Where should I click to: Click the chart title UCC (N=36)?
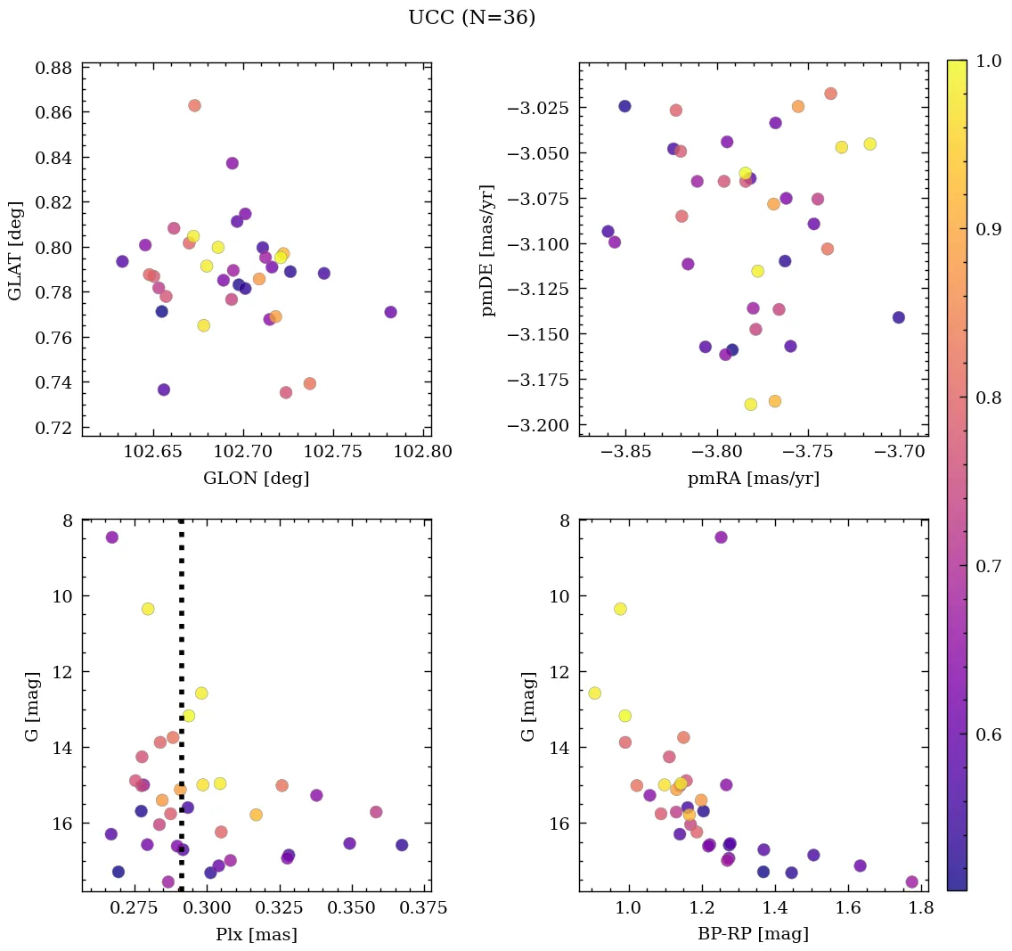click(471, 18)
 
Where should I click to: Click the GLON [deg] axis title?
click(257, 479)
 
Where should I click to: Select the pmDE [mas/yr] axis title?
click(488, 250)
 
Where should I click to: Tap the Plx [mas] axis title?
click(257, 935)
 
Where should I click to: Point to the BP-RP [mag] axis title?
click(754, 935)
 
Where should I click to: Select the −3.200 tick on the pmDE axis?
click(540, 426)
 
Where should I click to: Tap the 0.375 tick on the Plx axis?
click(424, 907)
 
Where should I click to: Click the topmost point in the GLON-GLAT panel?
click(194, 105)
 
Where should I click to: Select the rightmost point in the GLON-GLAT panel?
click(390, 312)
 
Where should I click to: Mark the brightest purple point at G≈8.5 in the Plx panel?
click(111, 537)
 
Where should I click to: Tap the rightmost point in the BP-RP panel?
click(911, 881)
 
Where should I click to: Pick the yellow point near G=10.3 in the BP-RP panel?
click(620, 609)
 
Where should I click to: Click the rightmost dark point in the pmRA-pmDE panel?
click(898, 317)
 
